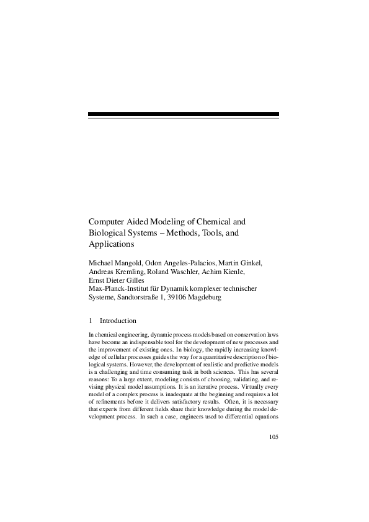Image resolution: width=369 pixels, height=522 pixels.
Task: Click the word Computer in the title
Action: tap(107, 221)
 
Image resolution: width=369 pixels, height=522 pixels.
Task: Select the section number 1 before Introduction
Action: tap(91, 321)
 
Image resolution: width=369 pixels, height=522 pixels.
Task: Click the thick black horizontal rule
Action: tap(184, 115)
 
